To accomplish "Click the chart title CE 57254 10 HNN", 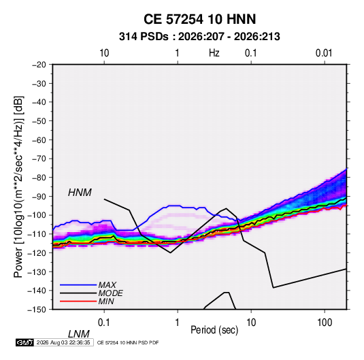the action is pyautogui.click(x=199, y=19).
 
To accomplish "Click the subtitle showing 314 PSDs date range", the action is pyautogui.click(x=199, y=37).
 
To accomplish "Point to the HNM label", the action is pyautogui.click(x=80, y=193).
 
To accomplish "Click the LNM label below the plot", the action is pyautogui.click(x=79, y=334).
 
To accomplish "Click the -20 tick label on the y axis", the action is pyautogui.click(x=39, y=65).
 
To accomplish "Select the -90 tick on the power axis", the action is pyautogui.click(x=39, y=197).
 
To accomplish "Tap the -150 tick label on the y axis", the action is pyautogui.click(x=37, y=310).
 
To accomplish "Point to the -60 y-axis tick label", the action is pyautogui.click(x=39, y=140).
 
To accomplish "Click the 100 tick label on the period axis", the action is pyautogui.click(x=324, y=323).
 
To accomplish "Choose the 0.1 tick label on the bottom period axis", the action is pyautogui.click(x=103, y=323).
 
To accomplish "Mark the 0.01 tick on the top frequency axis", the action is pyautogui.click(x=324, y=53).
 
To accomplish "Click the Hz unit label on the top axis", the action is pyautogui.click(x=214, y=53).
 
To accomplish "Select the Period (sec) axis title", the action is pyautogui.click(x=214, y=330).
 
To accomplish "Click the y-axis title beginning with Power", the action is pyautogui.click(x=18, y=187).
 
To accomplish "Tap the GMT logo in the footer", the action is pyautogui.click(x=25, y=342).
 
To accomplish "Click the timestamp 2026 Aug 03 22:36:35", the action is pyautogui.click(x=63, y=342).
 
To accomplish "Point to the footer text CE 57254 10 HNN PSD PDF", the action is pyautogui.click(x=128, y=342).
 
